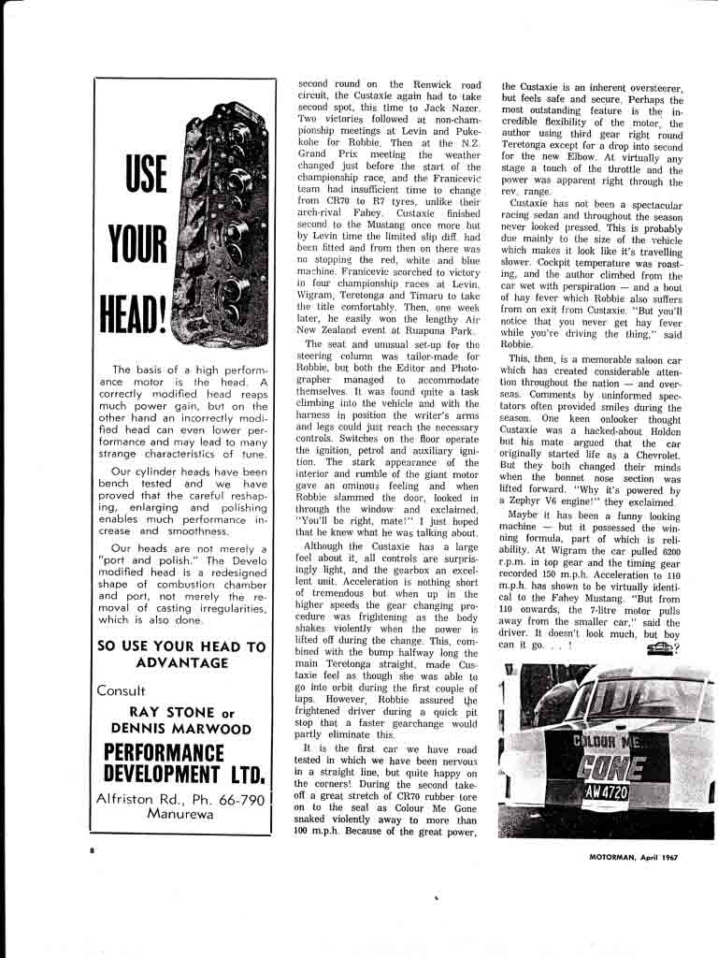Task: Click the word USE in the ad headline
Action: tap(146, 174)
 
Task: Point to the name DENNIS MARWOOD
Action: tap(181, 729)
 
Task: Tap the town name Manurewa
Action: tap(179, 814)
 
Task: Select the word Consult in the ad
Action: tap(122, 691)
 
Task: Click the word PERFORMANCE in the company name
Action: tap(165, 752)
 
